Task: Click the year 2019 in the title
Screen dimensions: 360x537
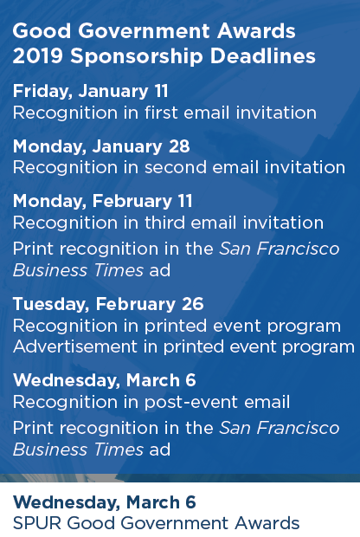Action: pos(37,55)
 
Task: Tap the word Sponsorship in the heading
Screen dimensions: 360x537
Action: pos(137,57)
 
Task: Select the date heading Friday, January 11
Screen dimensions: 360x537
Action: pos(91,92)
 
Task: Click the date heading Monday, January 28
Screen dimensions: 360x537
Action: pos(101,146)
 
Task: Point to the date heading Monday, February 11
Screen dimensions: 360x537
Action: pos(103,201)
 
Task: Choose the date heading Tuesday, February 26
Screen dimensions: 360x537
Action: pos(108,304)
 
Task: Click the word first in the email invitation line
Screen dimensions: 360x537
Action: pos(161,113)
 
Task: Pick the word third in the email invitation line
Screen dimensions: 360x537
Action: pos(164,223)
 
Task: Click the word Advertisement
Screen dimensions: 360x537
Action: pos(75,346)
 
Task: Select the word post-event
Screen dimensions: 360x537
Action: pos(191,403)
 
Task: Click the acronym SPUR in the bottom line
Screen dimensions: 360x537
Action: pos(37,523)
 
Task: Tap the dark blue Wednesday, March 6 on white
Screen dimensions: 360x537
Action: pos(105,502)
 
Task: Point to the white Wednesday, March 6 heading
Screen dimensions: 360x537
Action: pos(105,380)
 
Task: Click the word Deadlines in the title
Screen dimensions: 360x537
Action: pos(263,55)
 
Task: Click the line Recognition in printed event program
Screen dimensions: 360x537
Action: pos(177,326)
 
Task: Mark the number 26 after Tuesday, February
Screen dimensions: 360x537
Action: pos(193,304)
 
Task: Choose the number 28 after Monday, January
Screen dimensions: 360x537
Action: pos(179,146)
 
